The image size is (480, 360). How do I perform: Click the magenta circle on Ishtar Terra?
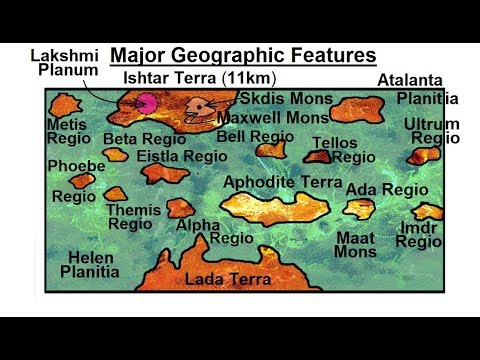click(x=148, y=101)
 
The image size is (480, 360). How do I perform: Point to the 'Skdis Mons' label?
click(x=282, y=99)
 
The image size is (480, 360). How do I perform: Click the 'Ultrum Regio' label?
click(x=433, y=130)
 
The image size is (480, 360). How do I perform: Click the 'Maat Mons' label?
click(x=356, y=244)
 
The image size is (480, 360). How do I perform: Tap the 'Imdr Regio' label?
click(x=418, y=234)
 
